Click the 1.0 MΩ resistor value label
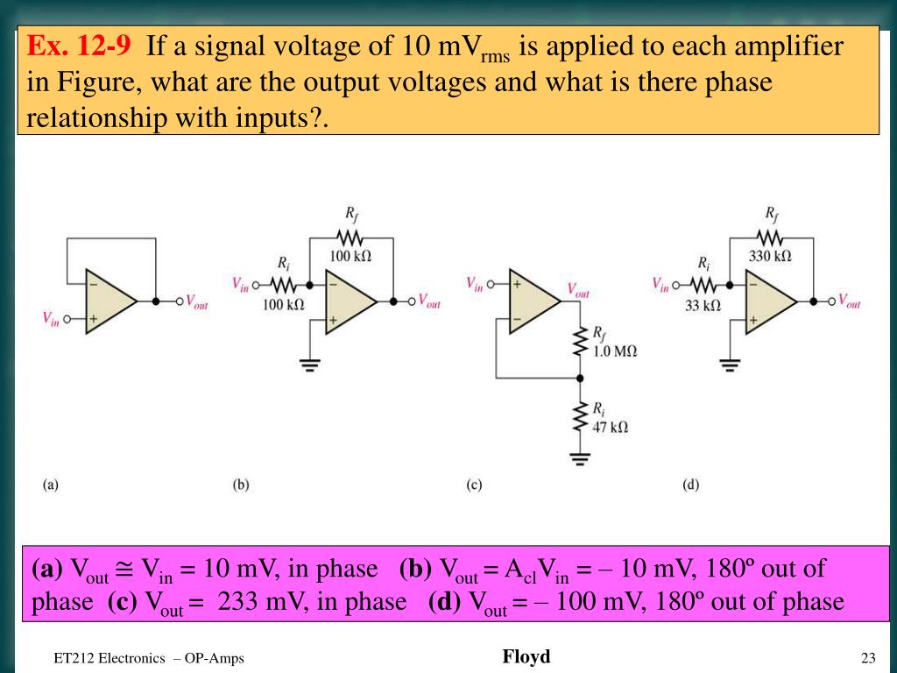(615, 351)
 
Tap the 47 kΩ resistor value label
(611, 427)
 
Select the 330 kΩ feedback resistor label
(770, 256)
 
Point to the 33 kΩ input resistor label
(703, 305)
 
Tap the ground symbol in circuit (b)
(309, 364)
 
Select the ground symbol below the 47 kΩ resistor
(578, 457)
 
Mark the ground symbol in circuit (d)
(730, 364)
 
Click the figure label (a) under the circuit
(51, 484)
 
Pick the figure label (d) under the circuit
(691, 484)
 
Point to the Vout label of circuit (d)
(849, 301)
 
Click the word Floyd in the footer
(526, 656)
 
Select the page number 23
(868, 659)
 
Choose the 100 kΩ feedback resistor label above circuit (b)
(350, 256)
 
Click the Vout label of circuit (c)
(578, 289)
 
